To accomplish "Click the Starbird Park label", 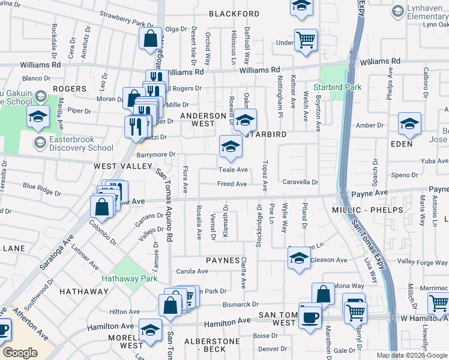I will click(340, 87).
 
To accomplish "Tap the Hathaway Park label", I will click(129, 278).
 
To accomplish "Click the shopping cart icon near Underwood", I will click(306, 40).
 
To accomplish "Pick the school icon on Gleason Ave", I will click(298, 258).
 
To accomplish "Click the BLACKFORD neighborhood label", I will click(234, 14).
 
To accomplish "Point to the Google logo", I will click(20, 353).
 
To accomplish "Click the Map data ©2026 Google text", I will click(411, 355).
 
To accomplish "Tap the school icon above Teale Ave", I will click(231, 145).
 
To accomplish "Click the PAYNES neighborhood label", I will click(223, 260).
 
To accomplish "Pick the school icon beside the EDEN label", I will click(410, 124).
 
